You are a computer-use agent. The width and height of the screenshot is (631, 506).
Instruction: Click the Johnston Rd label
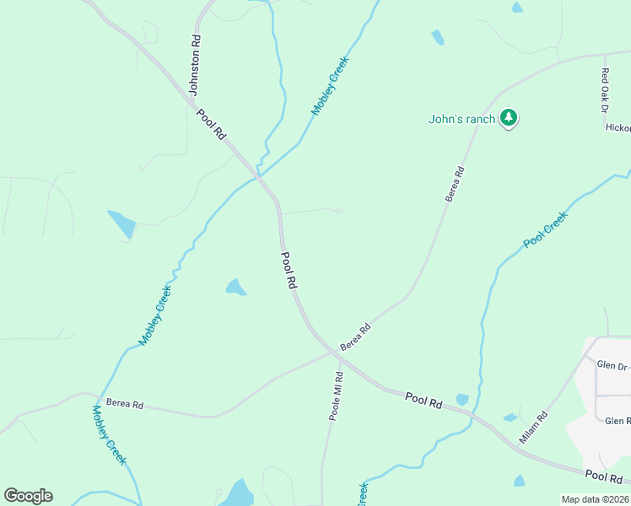pyautogui.click(x=196, y=64)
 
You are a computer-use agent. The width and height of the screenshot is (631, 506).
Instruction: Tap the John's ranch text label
pyautogui.click(x=461, y=119)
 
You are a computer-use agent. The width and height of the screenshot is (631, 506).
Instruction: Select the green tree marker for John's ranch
pyautogui.click(x=508, y=118)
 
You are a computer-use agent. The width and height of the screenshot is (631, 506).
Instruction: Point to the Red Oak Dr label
pyautogui.click(x=604, y=91)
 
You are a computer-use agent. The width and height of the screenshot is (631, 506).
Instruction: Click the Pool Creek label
pyautogui.click(x=546, y=229)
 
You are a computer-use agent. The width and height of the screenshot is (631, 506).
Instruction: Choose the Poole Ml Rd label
pyautogui.click(x=337, y=396)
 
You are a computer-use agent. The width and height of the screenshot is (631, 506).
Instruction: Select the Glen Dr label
pyautogui.click(x=612, y=365)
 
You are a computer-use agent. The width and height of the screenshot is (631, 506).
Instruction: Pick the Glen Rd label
pyautogui.click(x=618, y=421)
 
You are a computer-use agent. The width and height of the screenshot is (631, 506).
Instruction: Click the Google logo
pyautogui.click(x=28, y=496)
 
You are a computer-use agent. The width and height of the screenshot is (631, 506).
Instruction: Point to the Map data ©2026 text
pyautogui.click(x=594, y=499)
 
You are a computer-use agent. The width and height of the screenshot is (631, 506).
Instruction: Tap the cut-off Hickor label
pyautogui.click(x=618, y=128)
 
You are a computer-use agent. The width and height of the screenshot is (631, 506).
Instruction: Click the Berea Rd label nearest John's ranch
pyautogui.click(x=456, y=183)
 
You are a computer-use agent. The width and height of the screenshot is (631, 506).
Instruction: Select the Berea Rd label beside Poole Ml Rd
pyautogui.click(x=355, y=338)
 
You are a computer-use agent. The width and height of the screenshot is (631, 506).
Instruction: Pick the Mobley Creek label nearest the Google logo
pyautogui.click(x=109, y=435)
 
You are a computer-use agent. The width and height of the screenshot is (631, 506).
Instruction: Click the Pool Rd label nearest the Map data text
pyautogui.click(x=603, y=476)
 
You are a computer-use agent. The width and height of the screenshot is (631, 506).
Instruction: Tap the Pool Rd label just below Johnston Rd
pyautogui.click(x=211, y=123)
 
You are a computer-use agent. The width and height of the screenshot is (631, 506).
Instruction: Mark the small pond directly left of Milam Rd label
pyautogui.click(x=510, y=417)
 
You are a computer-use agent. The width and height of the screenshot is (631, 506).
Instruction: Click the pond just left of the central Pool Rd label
pyautogui.click(x=235, y=288)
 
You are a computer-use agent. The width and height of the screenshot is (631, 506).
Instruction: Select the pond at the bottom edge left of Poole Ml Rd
pyautogui.click(x=239, y=493)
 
